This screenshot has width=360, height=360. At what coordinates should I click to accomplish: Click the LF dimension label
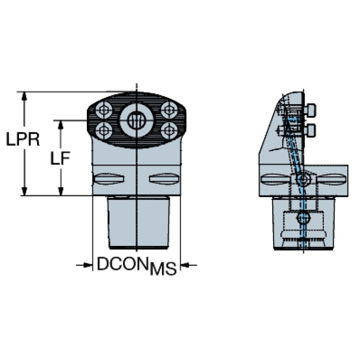click(61, 159)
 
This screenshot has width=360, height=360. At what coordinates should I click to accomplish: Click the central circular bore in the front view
click(136, 120)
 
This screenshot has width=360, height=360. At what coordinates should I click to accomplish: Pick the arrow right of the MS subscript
click(186, 265)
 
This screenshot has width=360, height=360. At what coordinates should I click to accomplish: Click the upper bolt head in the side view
click(309, 111)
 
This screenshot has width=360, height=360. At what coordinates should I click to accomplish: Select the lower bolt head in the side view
click(309, 130)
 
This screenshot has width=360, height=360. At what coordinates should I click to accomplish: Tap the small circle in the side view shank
click(304, 218)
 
